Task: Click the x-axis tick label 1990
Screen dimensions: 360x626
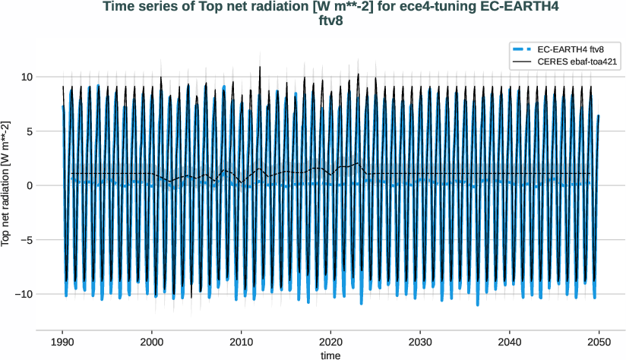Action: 62,343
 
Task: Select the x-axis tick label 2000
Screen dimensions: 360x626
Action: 152,343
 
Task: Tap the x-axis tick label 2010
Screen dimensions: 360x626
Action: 242,343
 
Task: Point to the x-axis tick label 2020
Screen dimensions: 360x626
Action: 331,343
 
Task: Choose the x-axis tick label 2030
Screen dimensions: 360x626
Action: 421,343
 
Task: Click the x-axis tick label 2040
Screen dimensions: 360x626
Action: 511,343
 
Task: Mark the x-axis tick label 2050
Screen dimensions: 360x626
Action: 599,343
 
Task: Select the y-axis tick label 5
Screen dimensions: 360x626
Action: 28,131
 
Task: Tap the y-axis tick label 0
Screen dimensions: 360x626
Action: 28,185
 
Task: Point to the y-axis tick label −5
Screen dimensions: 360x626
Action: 25,240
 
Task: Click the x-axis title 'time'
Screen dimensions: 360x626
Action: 330,355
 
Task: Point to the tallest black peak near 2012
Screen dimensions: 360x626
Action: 260,67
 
